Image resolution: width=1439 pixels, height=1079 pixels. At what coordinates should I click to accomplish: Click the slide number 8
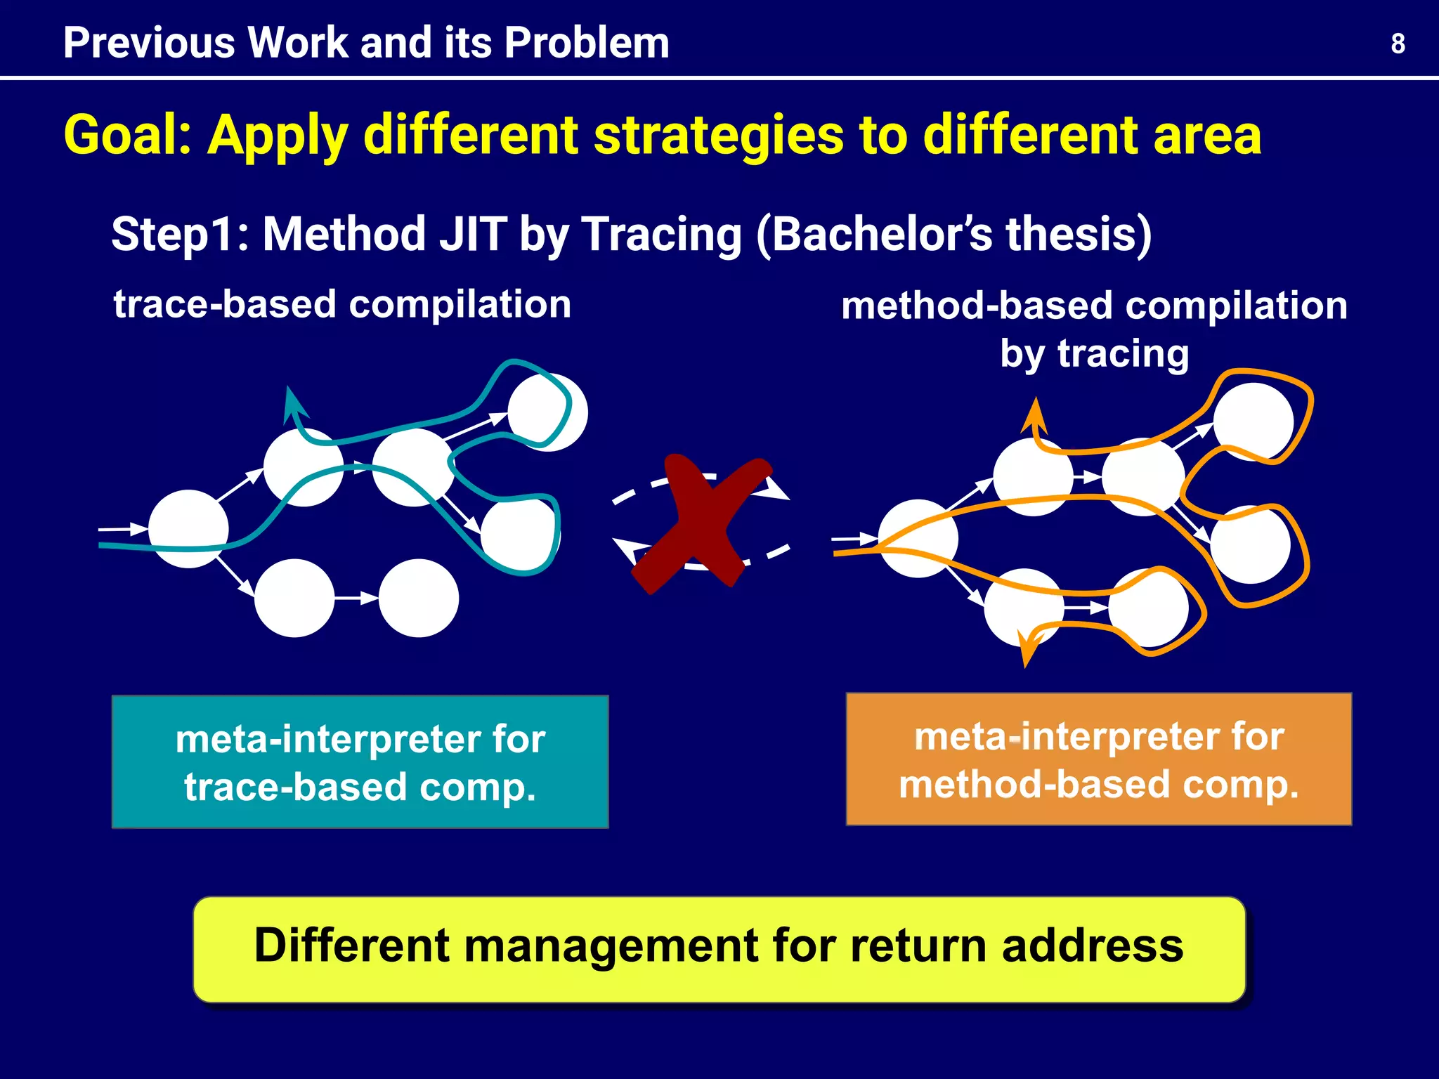coord(1398,44)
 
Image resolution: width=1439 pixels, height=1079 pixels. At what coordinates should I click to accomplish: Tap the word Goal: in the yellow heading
coord(127,135)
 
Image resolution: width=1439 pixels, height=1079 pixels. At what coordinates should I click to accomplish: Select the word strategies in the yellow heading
coord(718,135)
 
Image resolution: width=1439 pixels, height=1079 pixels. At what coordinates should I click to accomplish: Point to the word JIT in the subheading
coord(473,234)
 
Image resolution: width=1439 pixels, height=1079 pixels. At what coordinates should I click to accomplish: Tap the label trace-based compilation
coord(342,304)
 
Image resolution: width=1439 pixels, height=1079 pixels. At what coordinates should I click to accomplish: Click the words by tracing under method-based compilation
coord(1094,353)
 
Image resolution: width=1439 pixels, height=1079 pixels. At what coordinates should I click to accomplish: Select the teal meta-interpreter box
coord(360,762)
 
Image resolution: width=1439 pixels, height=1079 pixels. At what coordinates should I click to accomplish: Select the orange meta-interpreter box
coord(1098,759)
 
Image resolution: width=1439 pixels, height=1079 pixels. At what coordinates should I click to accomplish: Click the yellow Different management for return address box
coord(719,948)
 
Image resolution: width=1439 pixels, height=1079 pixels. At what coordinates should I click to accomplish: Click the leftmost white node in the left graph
coord(188,529)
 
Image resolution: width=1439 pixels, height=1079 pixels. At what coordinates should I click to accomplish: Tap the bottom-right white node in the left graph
coord(419,598)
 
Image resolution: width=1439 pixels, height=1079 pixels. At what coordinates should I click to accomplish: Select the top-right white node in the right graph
coord(1253,421)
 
